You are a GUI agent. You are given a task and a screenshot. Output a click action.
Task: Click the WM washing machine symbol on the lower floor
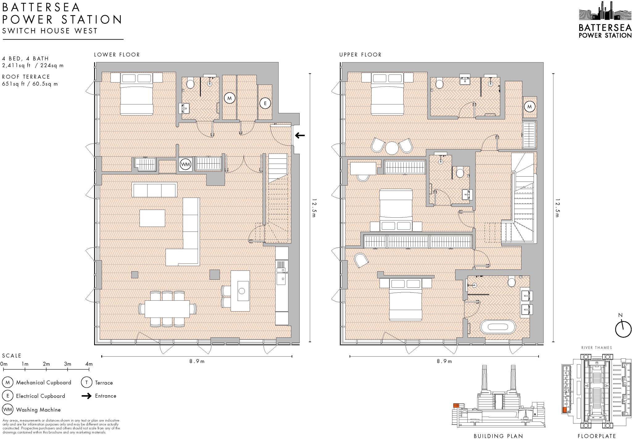click(x=185, y=164)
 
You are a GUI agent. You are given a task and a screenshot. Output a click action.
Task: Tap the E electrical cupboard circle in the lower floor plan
click(x=265, y=103)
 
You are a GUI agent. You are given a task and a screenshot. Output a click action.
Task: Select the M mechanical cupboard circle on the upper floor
click(x=530, y=107)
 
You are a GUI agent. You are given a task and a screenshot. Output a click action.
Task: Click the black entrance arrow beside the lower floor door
click(x=300, y=135)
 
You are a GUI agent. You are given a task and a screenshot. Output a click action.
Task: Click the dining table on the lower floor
click(x=167, y=309)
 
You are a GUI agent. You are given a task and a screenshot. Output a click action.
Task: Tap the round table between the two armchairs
click(x=392, y=148)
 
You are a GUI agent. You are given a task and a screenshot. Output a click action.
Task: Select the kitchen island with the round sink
click(x=240, y=291)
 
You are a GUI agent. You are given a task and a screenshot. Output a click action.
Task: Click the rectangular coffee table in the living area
click(x=152, y=218)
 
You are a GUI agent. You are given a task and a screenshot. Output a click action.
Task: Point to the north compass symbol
click(x=623, y=329)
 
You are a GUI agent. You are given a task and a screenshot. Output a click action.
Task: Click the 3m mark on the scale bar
click(x=68, y=364)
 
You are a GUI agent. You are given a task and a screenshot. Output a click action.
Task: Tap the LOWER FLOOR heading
click(x=117, y=55)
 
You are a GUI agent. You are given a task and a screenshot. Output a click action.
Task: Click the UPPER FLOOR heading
click(x=360, y=55)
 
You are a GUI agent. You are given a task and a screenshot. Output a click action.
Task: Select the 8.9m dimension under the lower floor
click(x=197, y=361)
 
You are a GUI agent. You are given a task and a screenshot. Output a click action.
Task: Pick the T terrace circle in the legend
click(x=86, y=383)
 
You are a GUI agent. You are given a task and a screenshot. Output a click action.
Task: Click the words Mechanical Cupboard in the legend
click(x=44, y=383)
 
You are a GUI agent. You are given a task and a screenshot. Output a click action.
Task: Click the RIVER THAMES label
click(x=596, y=348)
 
